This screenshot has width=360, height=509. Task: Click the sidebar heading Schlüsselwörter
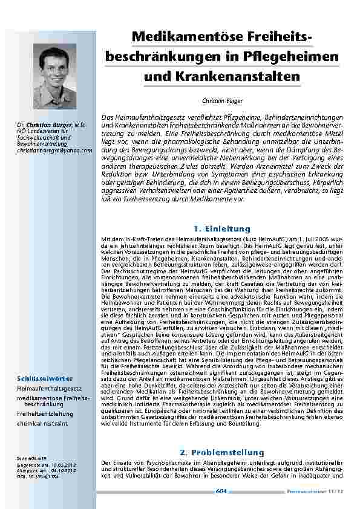41,379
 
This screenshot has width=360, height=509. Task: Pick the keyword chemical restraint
42,423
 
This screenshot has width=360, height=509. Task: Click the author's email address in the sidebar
54,150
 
